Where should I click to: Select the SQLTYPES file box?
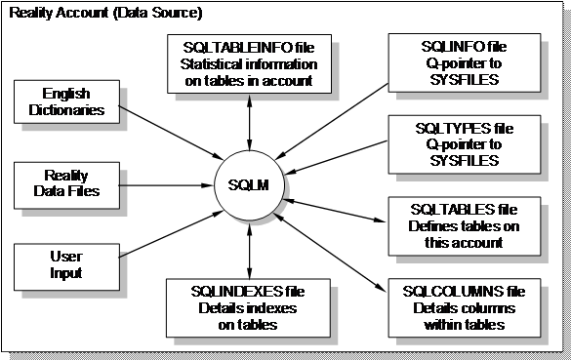pyautogui.click(x=451, y=143)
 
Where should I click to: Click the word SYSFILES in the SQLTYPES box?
pyautogui.click(x=451, y=159)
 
